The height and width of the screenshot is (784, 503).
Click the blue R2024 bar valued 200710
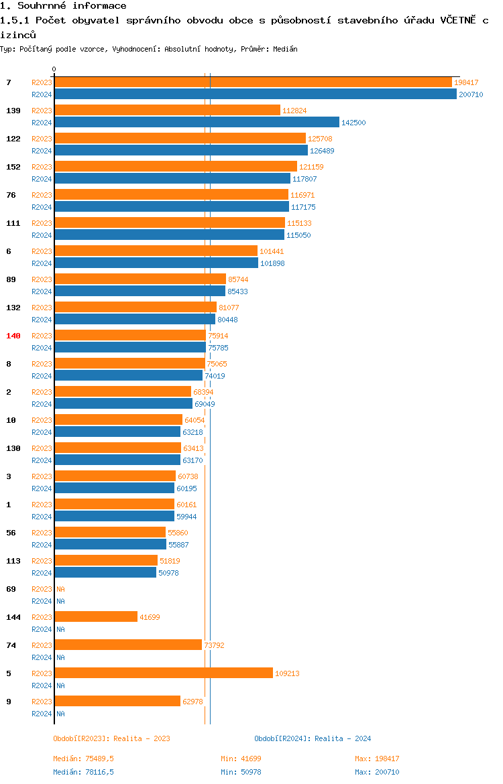(x=255, y=94)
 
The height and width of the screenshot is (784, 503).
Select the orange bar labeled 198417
(x=253, y=82)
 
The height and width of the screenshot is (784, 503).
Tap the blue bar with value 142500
(x=197, y=123)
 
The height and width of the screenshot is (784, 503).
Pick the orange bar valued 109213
(x=164, y=673)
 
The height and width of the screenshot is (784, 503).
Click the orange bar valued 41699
(x=96, y=617)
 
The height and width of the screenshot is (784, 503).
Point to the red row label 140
(x=13, y=336)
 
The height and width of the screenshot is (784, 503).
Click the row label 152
(x=13, y=167)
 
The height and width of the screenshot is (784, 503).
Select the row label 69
(x=11, y=589)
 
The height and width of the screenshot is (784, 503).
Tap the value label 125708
(x=321, y=139)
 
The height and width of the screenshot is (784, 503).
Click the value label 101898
(x=272, y=263)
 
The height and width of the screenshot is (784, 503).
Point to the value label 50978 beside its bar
(x=168, y=573)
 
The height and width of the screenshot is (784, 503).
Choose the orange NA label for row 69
(x=60, y=589)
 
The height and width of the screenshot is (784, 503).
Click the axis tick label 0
(x=54, y=69)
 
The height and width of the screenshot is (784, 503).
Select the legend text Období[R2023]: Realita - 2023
(x=111, y=738)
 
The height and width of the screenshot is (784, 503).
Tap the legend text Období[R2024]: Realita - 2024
(x=313, y=738)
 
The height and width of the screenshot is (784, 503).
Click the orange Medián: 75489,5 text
(x=83, y=759)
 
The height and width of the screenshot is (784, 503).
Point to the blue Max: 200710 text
(x=377, y=772)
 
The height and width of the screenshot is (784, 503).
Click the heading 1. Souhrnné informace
(x=63, y=6)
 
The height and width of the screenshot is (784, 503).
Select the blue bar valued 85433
(x=139, y=291)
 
